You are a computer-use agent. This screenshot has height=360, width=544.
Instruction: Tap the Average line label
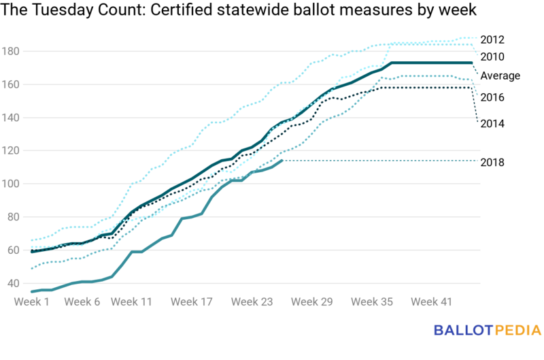[500, 76]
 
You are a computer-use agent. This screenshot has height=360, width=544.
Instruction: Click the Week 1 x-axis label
[34, 301]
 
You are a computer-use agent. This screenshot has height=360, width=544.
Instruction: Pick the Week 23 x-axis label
[252, 301]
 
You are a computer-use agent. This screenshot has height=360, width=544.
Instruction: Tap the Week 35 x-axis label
[373, 301]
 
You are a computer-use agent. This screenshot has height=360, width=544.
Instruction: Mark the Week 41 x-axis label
[433, 301]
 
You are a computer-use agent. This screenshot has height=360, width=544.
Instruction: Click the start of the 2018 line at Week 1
[32, 291]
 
